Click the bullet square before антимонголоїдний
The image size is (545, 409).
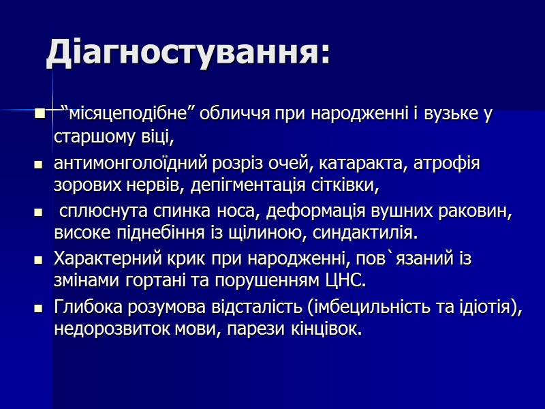[x=39, y=165]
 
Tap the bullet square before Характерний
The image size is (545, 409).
[x=39, y=260]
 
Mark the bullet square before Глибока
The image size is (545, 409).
[x=39, y=309]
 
